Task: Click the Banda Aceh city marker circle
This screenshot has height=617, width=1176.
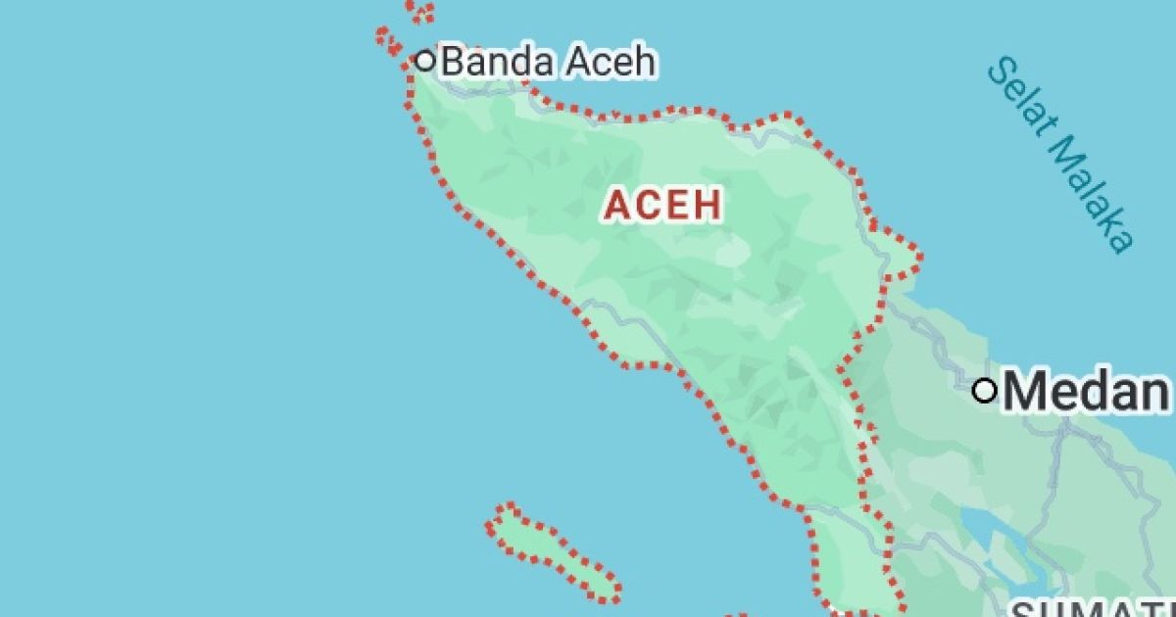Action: (424, 60)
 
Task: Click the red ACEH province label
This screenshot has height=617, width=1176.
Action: (663, 205)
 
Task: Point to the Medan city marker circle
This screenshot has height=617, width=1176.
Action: (985, 391)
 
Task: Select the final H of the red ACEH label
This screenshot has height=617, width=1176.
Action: (710, 205)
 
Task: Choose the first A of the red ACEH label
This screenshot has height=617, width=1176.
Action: (617, 205)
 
